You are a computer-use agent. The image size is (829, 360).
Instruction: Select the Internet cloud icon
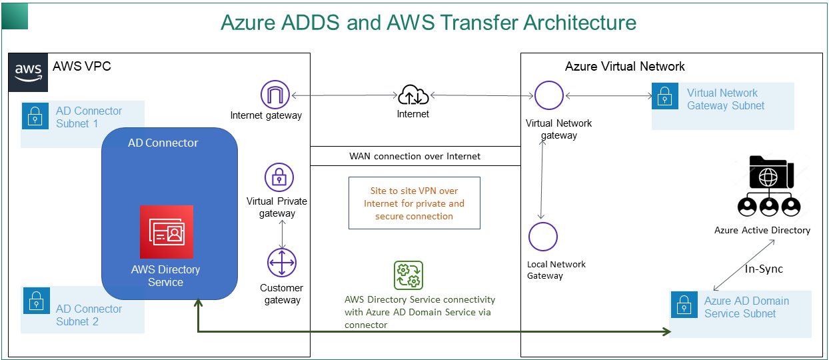(x=413, y=95)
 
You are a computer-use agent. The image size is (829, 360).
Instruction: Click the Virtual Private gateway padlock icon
(x=279, y=178)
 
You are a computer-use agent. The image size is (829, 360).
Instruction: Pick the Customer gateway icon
(x=281, y=263)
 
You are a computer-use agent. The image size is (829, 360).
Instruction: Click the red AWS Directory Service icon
(x=166, y=231)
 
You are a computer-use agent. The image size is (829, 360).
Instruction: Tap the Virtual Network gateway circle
(x=549, y=95)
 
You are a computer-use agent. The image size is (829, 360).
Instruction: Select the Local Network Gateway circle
(x=543, y=237)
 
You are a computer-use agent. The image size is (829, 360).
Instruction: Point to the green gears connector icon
(x=409, y=275)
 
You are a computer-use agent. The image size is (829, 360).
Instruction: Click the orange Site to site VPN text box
(x=414, y=203)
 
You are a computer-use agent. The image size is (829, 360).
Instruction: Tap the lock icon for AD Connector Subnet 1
(x=35, y=117)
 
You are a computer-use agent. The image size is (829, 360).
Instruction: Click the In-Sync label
(x=763, y=269)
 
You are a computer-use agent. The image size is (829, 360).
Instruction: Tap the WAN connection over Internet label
(x=414, y=156)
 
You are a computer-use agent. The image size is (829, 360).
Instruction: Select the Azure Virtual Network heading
(x=624, y=66)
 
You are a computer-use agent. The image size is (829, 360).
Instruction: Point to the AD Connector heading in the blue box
(x=163, y=143)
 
